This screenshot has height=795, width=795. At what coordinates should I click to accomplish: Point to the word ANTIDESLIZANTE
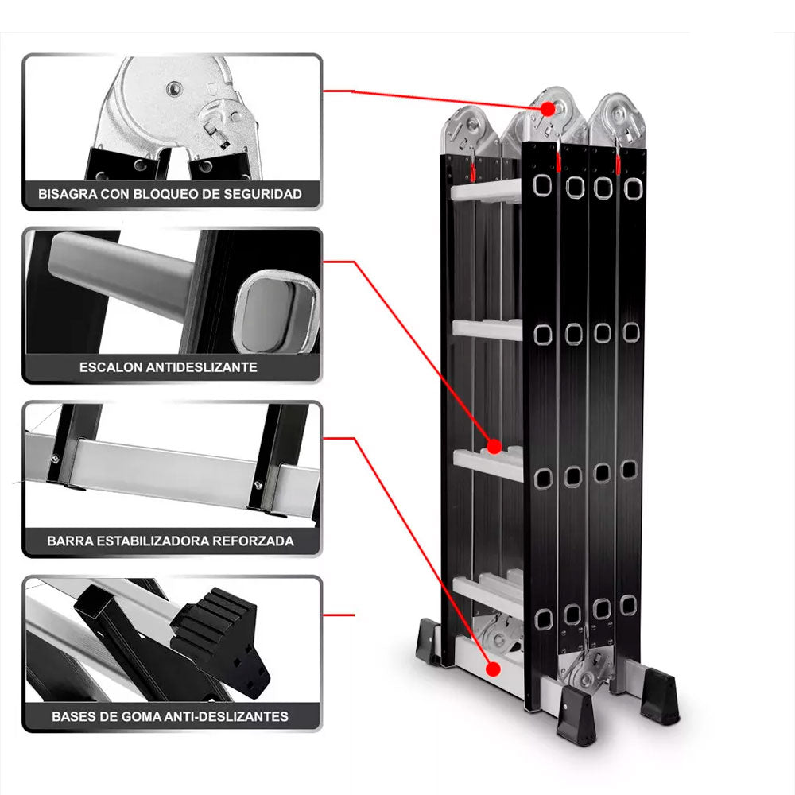(201, 367)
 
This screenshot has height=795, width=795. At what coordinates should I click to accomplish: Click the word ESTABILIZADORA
(153, 541)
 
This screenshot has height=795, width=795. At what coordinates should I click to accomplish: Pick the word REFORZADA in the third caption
(253, 541)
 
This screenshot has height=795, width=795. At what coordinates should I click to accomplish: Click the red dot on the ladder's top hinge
(548, 109)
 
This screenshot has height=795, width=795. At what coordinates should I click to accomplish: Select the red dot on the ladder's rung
(494, 447)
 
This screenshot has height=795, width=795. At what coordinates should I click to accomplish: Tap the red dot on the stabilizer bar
(493, 669)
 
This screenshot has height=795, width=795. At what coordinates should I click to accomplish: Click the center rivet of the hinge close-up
(174, 89)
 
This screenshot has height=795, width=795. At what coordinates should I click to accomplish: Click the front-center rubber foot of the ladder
(576, 715)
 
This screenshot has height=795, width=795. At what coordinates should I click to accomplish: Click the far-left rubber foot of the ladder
(428, 641)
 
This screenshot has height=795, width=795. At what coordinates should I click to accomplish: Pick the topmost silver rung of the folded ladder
(486, 191)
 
